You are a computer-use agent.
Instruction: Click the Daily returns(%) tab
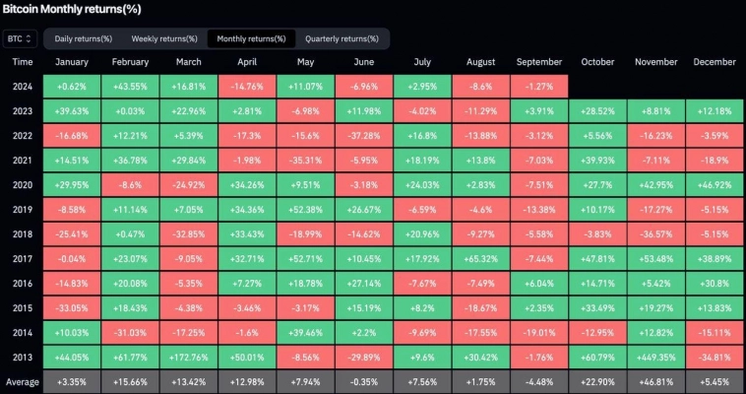point(83,38)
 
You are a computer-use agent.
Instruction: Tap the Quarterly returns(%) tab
point(342,38)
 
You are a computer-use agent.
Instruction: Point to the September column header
point(539,62)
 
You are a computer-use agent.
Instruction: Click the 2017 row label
point(23,257)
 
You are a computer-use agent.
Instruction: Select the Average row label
point(23,380)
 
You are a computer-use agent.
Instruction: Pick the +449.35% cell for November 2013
point(655,356)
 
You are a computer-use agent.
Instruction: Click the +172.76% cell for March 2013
point(189,356)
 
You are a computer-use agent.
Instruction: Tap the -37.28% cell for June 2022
point(364,135)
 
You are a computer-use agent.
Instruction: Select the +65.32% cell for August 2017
point(481,257)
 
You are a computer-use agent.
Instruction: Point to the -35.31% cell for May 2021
point(306,160)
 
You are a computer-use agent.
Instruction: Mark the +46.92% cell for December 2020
point(714,184)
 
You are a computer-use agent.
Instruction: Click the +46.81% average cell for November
point(655,380)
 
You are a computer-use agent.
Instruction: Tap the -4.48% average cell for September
point(539,380)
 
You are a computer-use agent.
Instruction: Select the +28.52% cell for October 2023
point(597,110)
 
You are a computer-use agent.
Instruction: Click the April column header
point(247,62)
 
